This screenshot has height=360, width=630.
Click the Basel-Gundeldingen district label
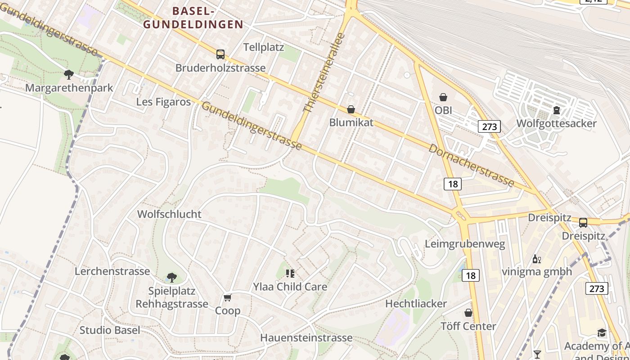[x=193, y=18]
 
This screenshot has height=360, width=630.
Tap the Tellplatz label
[x=263, y=47]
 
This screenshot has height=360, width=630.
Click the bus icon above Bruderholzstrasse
[x=220, y=54]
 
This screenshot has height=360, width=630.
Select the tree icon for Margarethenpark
[x=69, y=74]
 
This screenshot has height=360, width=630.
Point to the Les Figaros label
[x=163, y=102]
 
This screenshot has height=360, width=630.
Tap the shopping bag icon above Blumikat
[x=351, y=109]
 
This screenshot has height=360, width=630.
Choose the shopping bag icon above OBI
[x=443, y=97]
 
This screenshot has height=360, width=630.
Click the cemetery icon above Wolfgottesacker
[x=557, y=110]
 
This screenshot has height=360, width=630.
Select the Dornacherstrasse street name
[x=471, y=165]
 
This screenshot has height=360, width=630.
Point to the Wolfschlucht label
[x=169, y=214]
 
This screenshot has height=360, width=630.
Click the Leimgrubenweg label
[x=465, y=244]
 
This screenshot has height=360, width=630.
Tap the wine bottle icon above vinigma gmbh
[x=537, y=259]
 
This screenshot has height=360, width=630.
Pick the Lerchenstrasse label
[x=112, y=271]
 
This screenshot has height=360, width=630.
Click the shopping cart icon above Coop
[x=228, y=298]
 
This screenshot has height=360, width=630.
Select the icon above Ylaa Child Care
[x=290, y=274]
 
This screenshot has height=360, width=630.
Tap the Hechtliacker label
[x=416, y=304]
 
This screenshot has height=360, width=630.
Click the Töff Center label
[x=468, y=326]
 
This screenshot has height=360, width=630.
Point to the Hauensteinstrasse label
[x=306, y=337]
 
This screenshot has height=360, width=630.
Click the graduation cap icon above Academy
[x=602, y=333]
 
